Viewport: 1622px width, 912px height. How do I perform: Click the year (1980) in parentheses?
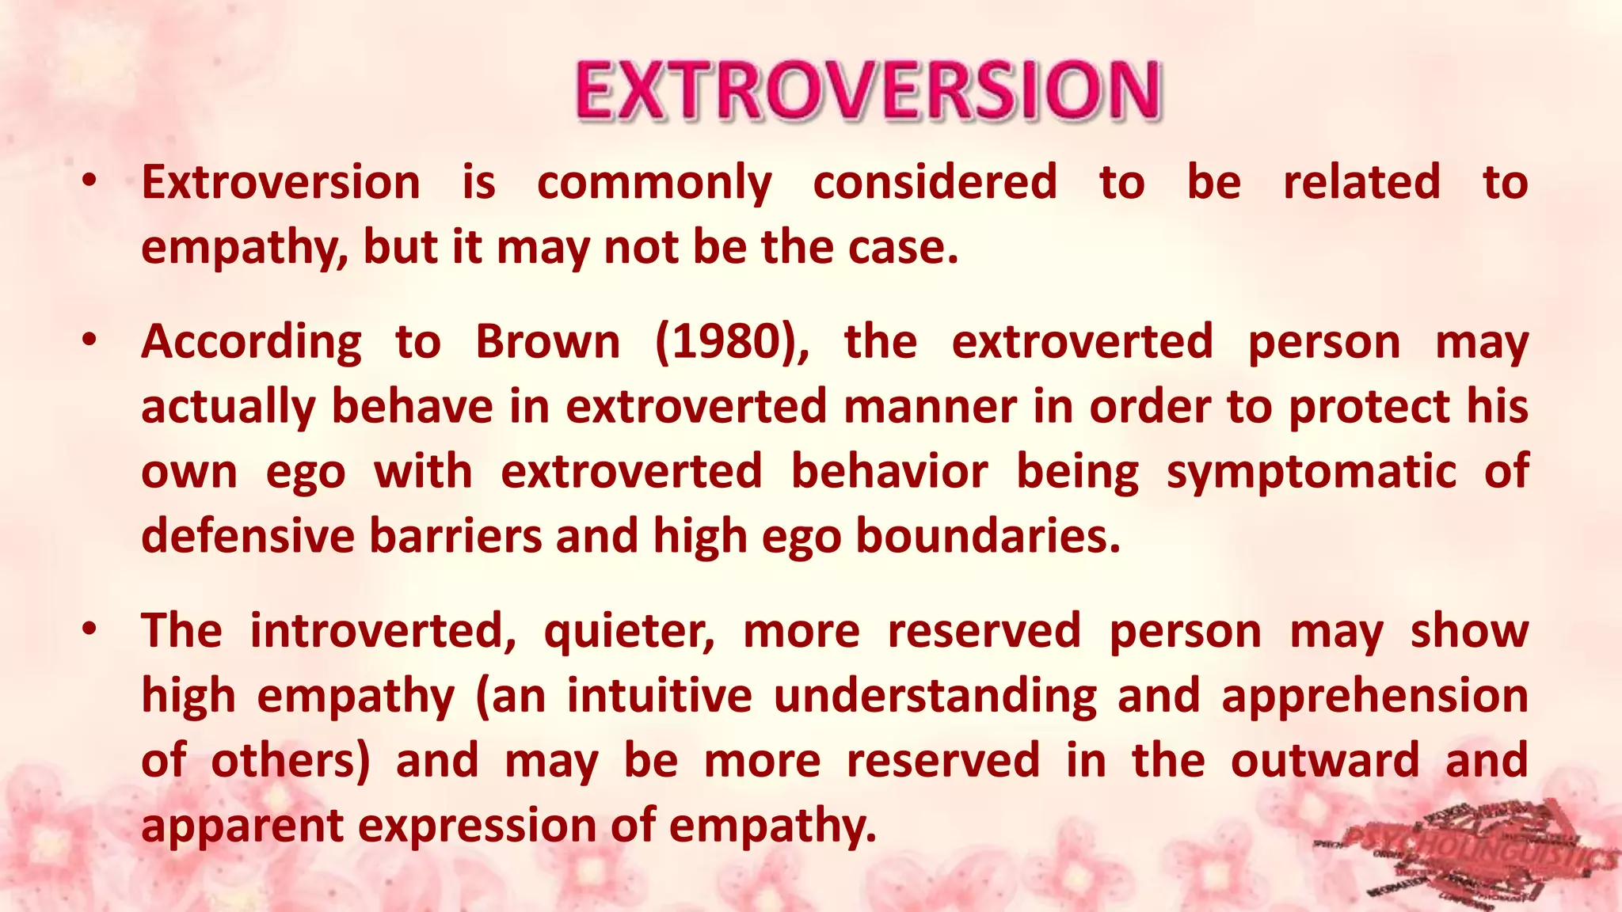[732, 343]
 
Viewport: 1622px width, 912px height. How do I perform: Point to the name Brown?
[547, 343]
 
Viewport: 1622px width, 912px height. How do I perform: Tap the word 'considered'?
[935, 183]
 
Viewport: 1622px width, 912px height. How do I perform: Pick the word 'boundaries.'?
[988, 537]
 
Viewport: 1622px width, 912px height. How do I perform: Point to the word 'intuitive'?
[659, 697]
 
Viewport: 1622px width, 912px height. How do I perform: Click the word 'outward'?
[1324, 761]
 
